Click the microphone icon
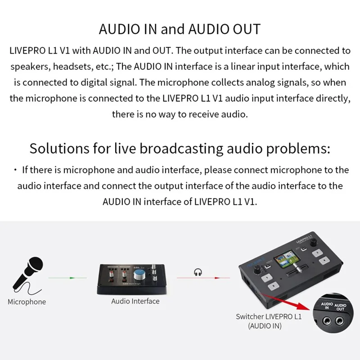28,272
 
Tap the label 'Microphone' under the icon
27,301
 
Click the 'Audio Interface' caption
135,301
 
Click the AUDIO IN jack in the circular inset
327,321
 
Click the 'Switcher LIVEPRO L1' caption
268,317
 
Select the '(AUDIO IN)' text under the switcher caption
265,326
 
